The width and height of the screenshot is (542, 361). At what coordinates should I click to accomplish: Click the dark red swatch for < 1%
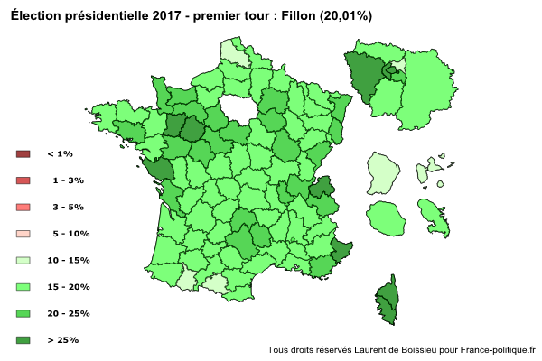(x=23, y=154)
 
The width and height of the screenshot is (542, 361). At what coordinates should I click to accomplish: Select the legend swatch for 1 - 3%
(x=23, y=180)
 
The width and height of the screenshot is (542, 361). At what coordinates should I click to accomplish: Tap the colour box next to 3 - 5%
(x=23, y=208)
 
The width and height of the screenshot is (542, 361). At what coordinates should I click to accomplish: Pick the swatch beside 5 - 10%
(x=23, y=234)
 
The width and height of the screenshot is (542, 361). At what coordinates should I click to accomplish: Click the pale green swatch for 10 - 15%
(x=23, y=261)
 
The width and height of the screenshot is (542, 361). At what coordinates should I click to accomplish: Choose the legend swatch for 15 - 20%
(x=23, y=287)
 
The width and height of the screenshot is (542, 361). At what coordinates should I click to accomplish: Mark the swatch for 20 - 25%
(x=23, y=314)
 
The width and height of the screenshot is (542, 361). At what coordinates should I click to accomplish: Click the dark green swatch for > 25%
(x=23, y=340)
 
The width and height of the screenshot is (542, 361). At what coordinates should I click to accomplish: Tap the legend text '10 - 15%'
(x=69, y=261)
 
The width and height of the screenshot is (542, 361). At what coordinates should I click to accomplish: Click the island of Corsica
(x=387, y=300)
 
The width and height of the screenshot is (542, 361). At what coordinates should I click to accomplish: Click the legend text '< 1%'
(x=61, y=154)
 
